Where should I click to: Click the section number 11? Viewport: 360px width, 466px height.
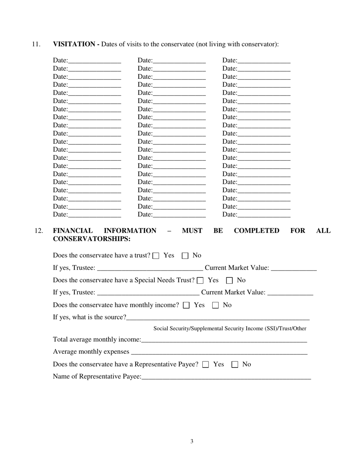(36, 44)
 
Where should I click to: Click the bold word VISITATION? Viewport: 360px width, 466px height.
(74, 44)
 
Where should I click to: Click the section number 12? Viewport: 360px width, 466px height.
(38, 231)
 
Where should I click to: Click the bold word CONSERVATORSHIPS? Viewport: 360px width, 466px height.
(92, 239)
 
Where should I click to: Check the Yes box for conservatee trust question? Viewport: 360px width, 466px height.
(156, 256)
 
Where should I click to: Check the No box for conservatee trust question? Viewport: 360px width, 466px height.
(185, 256)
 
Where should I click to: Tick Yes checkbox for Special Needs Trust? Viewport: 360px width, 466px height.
(200, 281)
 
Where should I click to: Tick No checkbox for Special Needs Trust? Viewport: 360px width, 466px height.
(229, 281)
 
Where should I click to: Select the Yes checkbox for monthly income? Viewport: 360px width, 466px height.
(186, 305)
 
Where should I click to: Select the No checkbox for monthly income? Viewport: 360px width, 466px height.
(215, 305)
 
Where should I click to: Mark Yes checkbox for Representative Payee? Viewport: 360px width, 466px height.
(206, 364)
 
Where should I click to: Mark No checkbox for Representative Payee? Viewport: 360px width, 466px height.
(235, 364)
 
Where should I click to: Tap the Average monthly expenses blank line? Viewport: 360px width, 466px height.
(219, 352)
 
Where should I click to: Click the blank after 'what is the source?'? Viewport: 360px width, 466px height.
(218, 317)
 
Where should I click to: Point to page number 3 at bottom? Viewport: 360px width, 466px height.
(192, 441)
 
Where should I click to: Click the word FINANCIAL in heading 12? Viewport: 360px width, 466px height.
(73, 231)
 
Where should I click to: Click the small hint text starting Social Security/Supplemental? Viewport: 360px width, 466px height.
(230, 328)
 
